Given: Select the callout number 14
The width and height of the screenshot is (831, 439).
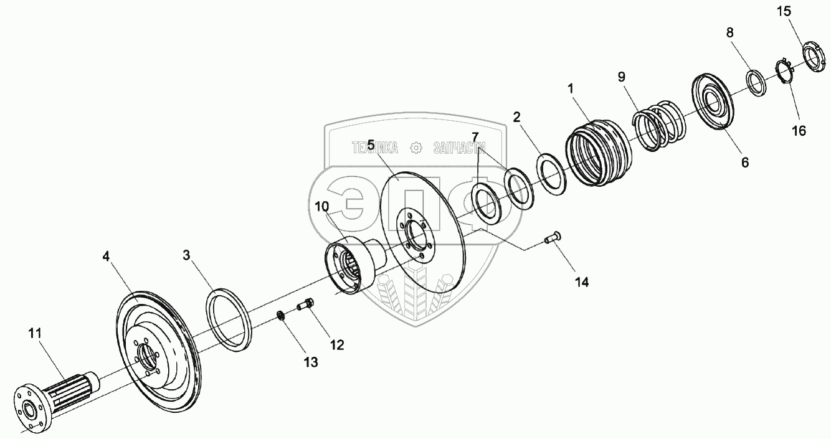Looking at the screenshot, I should tap(581, 281).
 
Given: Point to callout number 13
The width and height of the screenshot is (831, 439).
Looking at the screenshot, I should tap(310, 362).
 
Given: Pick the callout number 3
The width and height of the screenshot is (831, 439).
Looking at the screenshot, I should tap(186, 255).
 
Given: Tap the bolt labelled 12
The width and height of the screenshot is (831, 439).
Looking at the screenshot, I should tap(305, 305).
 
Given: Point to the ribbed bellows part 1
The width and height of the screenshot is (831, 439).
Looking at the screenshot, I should tap(598, 154).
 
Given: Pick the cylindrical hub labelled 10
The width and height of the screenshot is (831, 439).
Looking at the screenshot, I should tap(349, 265).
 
